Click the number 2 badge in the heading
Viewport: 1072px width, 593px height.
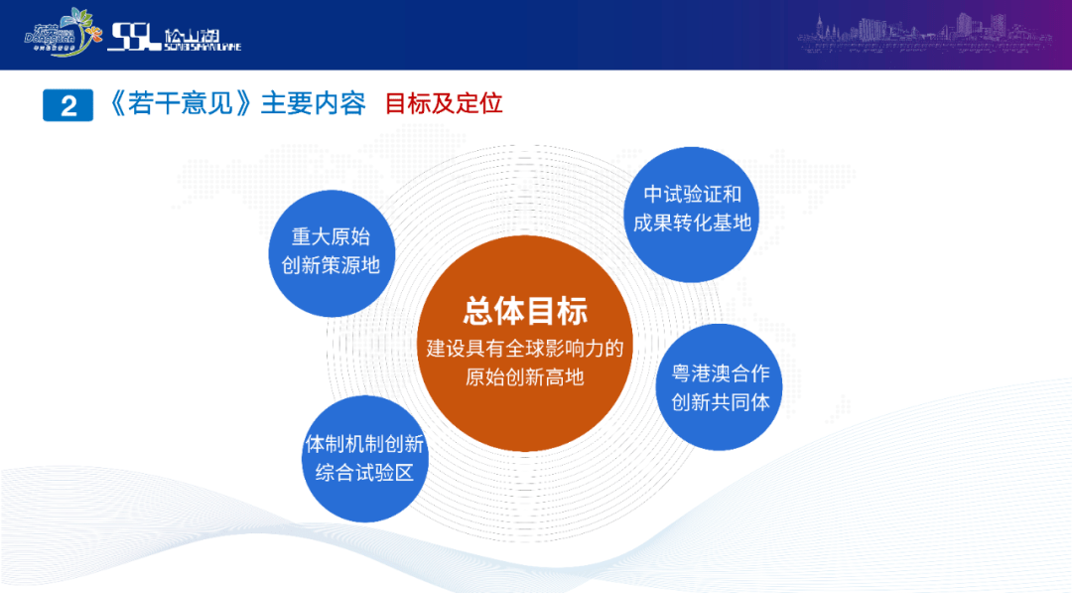click(67, 105)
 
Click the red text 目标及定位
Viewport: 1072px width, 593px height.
click(444, 103)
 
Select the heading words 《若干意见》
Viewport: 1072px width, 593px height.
click(179, 103)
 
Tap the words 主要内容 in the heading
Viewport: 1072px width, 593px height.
click(313, 103)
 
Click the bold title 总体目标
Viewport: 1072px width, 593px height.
click(525, 311)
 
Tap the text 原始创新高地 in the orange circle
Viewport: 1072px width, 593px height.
click(525, 377)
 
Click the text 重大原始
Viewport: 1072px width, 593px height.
click(331, 236)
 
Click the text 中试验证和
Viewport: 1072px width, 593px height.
click(692, 195)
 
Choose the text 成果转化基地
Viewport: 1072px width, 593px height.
click(692, 223)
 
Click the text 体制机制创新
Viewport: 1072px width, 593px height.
click(364, 444)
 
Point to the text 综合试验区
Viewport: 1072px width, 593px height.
click(364, 473)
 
